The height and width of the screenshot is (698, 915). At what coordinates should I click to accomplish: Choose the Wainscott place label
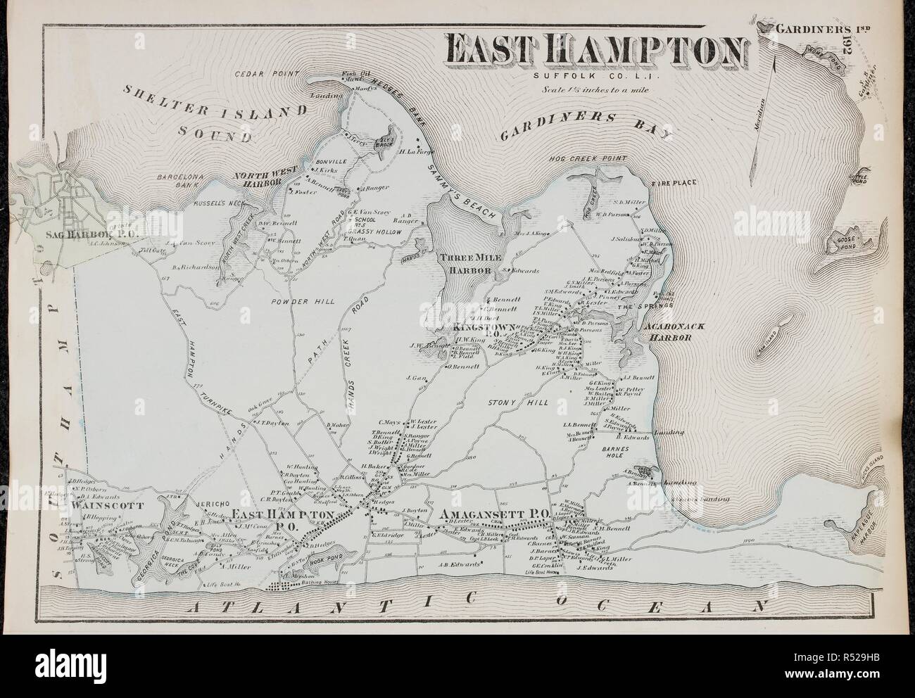point(106,505)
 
